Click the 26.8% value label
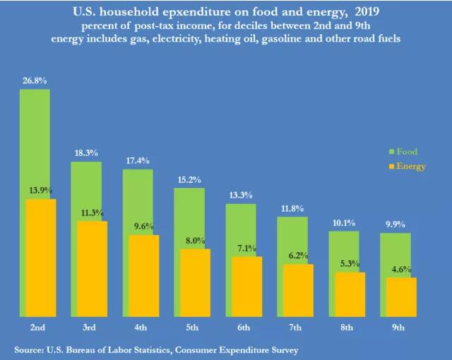(35, 81)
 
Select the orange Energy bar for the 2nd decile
(40, 258)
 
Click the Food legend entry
(406, 152)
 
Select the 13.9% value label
(41, 191)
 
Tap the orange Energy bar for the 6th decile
(246, 287)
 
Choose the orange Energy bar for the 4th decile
(143, 275)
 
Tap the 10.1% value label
(343, 223)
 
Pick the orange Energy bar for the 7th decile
(298, 290)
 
